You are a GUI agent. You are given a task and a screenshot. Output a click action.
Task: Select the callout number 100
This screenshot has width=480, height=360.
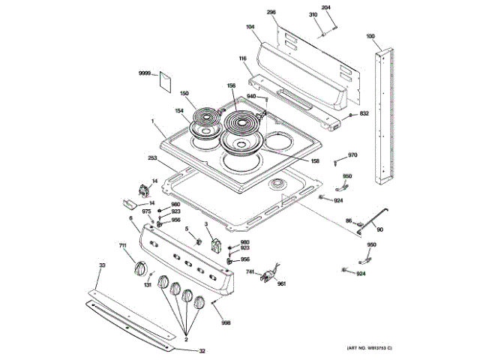pyautogui.click(x=370, y=36)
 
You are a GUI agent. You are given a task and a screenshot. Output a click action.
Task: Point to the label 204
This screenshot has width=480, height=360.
pyautogui.click(x=325, y=7)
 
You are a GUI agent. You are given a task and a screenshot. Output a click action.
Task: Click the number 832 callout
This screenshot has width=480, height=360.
pyautogui.click(x=364, y=113)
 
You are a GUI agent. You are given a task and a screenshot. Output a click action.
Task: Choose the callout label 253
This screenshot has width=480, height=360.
pyautogui.click(x=152, y=159)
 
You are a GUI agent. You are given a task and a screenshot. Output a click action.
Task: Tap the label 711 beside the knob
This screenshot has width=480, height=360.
pyautogui.click(x=122, y=246)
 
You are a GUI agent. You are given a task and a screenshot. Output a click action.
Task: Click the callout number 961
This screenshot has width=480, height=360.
pyautogui.click(x=282, y=284)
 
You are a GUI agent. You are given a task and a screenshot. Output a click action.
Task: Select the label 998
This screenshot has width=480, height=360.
pyautogui.click(x=226, y=322)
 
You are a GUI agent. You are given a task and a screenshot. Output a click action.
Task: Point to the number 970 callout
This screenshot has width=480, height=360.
pyautogui.click(x=352, y=155)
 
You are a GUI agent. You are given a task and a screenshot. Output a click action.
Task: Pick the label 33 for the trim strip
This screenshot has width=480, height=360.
pyautogui.click(x=102, y=265)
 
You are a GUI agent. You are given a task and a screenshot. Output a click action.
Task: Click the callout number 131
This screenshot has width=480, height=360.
pyautogui.click(x=148, y=285)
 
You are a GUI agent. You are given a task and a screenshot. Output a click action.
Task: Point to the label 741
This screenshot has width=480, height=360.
pyautogui.click(x=250, y=271)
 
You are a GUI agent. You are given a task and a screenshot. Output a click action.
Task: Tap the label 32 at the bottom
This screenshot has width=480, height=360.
pyautogui.click(x=202, y=350)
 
